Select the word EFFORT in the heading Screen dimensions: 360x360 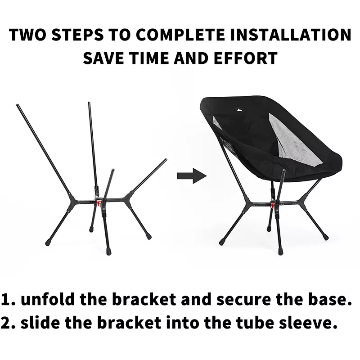click(x=245, y=58)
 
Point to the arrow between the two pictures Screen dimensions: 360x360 click(x=192, y=176)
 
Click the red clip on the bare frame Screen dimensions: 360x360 click(x=99, y=203)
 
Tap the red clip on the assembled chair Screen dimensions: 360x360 click(x=273, y=204)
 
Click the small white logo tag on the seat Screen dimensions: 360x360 click(x=239, y=110)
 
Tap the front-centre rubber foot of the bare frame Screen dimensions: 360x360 click(x=108, y=252)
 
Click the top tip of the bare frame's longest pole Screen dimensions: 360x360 click(x=17, y=105)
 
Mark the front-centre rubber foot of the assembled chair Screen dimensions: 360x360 click(x=280, y=252)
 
